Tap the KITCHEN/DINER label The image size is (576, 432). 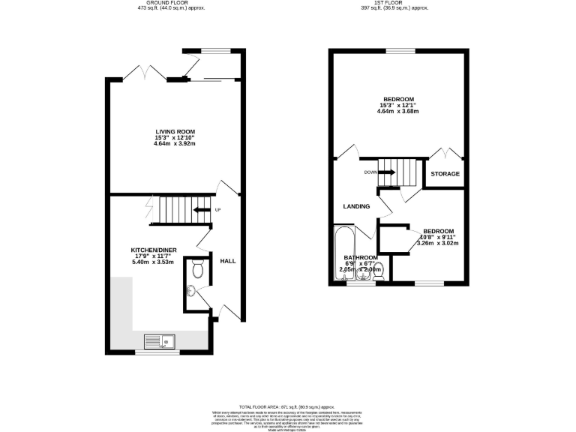(x=153, y=250)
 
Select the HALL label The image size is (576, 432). (x=228, y=261)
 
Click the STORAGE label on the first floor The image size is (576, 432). (x=445, y=174)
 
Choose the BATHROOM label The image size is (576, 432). (x=361, y=257)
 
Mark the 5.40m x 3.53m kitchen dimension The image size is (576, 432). (x=153, y=262)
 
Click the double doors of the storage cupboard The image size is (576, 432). (x=444, y=154)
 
